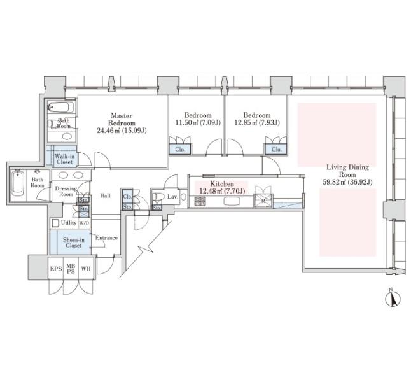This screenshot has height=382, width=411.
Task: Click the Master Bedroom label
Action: (122, 120)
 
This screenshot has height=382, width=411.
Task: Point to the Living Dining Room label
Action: (347, 171)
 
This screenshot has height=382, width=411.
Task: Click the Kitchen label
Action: (222, 183)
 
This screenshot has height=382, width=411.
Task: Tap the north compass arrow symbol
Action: (393, 299)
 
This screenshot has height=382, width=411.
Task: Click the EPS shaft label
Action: (56, 269)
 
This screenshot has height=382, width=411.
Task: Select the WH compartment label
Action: (86, 269)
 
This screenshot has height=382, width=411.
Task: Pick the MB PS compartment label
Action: (71, 269)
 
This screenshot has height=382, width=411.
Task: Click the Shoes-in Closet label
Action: (74, 243)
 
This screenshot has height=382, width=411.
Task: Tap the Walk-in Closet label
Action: (64, 159)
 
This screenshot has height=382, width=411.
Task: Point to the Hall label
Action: (105, 195)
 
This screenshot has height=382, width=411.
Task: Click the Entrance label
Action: (106, 238)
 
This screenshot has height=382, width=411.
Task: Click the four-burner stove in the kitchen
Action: (200, 201)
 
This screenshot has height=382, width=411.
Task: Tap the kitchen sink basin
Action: (232, 201)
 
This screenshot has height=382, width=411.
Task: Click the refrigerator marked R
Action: (263, 201)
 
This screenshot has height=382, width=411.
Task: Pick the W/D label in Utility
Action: (84, 223)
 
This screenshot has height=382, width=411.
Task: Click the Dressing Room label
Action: (66, 192)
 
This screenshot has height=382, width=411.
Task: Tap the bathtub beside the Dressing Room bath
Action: (18, 183)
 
